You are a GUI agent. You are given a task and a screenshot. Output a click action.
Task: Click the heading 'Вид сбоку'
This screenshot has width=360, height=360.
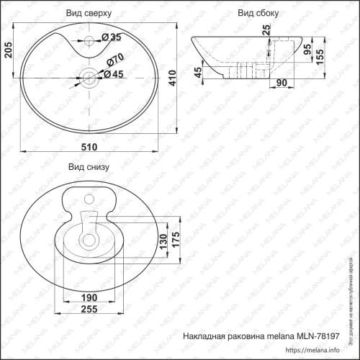pyautogui.click(x=258, y=13)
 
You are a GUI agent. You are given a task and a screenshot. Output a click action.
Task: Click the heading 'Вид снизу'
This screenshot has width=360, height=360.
pyautogui.click(x=88, y=167)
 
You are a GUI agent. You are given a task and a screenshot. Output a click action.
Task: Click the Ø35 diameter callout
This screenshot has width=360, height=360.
pyautogui.click(x=110, y=37)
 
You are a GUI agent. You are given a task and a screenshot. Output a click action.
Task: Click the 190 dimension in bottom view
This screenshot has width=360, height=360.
pyautogui.click(x=89, y=297)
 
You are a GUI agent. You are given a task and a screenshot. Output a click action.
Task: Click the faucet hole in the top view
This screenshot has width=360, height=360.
pyautogui.click(x=89, y=37)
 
